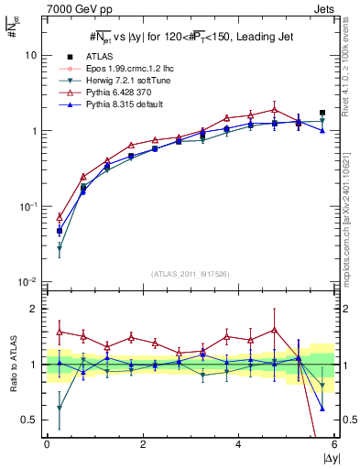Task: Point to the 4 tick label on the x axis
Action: [238, 444]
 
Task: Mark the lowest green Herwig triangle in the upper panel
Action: [60, 248]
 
